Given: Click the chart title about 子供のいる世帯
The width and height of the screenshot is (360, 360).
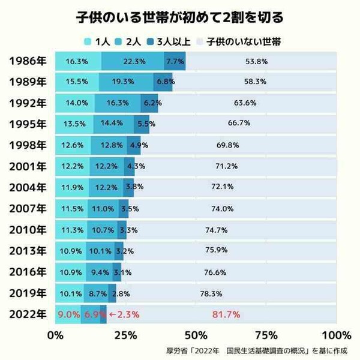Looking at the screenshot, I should pos(180,17).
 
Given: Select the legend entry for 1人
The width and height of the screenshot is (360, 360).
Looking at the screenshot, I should pos(97,41).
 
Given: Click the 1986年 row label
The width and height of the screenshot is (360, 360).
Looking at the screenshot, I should pos(26,61).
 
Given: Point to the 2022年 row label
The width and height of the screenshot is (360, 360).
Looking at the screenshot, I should pos(26,314).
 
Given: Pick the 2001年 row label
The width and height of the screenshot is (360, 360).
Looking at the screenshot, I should pos(26,166).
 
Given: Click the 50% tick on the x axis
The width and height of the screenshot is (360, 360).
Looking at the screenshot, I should pos(196,334).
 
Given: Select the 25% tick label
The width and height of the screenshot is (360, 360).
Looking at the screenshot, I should pos(127,334).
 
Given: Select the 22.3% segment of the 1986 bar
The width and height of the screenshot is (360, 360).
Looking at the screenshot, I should pos(133,61).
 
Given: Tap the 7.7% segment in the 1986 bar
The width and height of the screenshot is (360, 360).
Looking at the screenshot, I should pos(175,61).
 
